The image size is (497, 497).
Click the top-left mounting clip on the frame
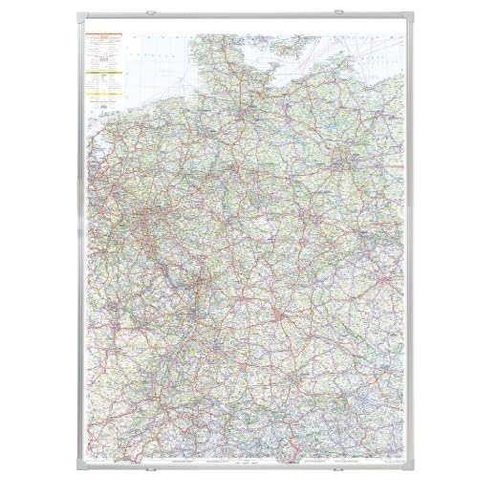point(154,14)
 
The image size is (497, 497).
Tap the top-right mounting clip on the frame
point(341,14)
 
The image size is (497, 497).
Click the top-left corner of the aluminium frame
point(74,17)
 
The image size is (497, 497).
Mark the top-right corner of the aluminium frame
point(422,17)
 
